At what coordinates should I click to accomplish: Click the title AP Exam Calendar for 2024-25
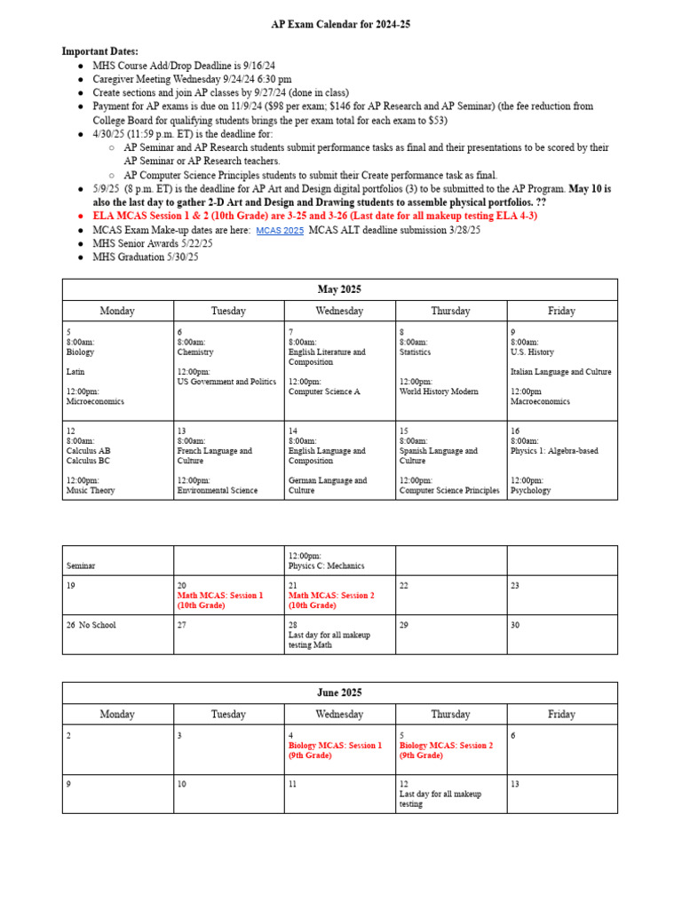coord(340,25)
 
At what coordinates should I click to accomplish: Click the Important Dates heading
coord(99,51)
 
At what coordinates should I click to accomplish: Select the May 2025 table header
coord(340,289)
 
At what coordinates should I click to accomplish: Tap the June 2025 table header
coord(340,692)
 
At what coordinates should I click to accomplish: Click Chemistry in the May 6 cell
coord(195,352)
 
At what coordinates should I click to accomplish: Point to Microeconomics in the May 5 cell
coord(95,401)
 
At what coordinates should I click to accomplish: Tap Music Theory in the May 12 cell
coord(91,490)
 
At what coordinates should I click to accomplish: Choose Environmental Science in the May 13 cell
coord(218,490)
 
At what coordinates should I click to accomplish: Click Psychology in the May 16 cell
coord(530,490)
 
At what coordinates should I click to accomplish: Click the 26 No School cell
coord(91,625)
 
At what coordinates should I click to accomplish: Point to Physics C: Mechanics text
coord(326,565)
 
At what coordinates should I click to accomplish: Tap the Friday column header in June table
coord(561,714)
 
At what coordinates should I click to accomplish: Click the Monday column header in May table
coord(117,311)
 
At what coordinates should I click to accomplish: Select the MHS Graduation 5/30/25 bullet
coord(146,257)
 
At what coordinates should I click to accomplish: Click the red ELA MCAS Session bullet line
coord(314,216)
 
